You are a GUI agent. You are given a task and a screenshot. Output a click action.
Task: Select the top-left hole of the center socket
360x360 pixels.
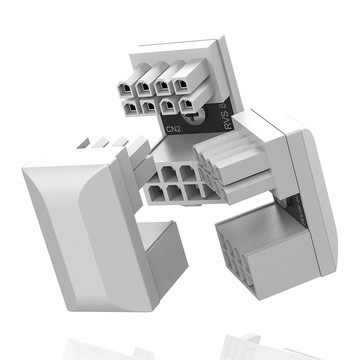[x=160, y=172]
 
